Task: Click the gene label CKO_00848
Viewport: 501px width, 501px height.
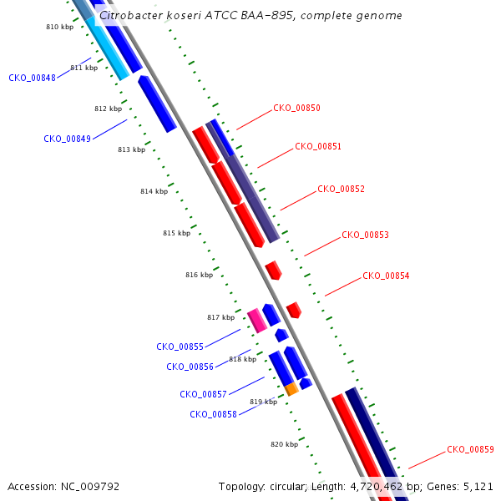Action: click(32, 78)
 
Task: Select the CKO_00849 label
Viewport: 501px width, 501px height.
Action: click(67, 139)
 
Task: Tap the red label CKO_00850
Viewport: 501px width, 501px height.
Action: click(296, 108)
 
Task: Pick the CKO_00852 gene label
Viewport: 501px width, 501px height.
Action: click(341, 189)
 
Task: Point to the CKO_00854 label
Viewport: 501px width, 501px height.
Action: click(386, 276)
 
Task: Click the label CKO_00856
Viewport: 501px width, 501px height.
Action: click(190, 367)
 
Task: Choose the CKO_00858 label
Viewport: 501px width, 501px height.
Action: click(213, 414)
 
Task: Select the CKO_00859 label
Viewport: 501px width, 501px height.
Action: click(470, 449)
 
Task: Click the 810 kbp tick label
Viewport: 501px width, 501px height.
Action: click(60, 27)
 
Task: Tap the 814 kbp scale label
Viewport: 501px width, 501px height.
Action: click(154, 191)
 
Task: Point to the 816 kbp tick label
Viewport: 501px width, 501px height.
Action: click(199, 275)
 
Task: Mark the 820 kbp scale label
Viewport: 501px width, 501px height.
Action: click(285, 444)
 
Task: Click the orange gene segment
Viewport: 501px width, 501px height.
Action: click(291, 389)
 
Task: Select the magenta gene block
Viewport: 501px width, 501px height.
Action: click(257, 321)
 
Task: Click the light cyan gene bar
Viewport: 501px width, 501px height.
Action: click(108, 48)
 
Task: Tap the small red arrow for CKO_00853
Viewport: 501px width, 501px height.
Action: click(274, 271)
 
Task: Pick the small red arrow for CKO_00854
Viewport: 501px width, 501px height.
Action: click(294, 310)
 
